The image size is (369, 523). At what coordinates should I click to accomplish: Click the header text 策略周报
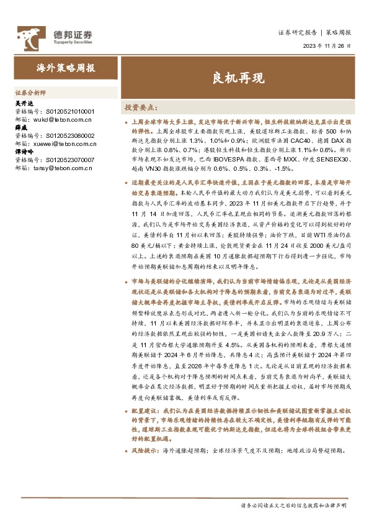[x=339, y=32]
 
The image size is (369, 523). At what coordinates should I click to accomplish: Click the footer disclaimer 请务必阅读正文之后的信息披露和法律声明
[x=293, y=506]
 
